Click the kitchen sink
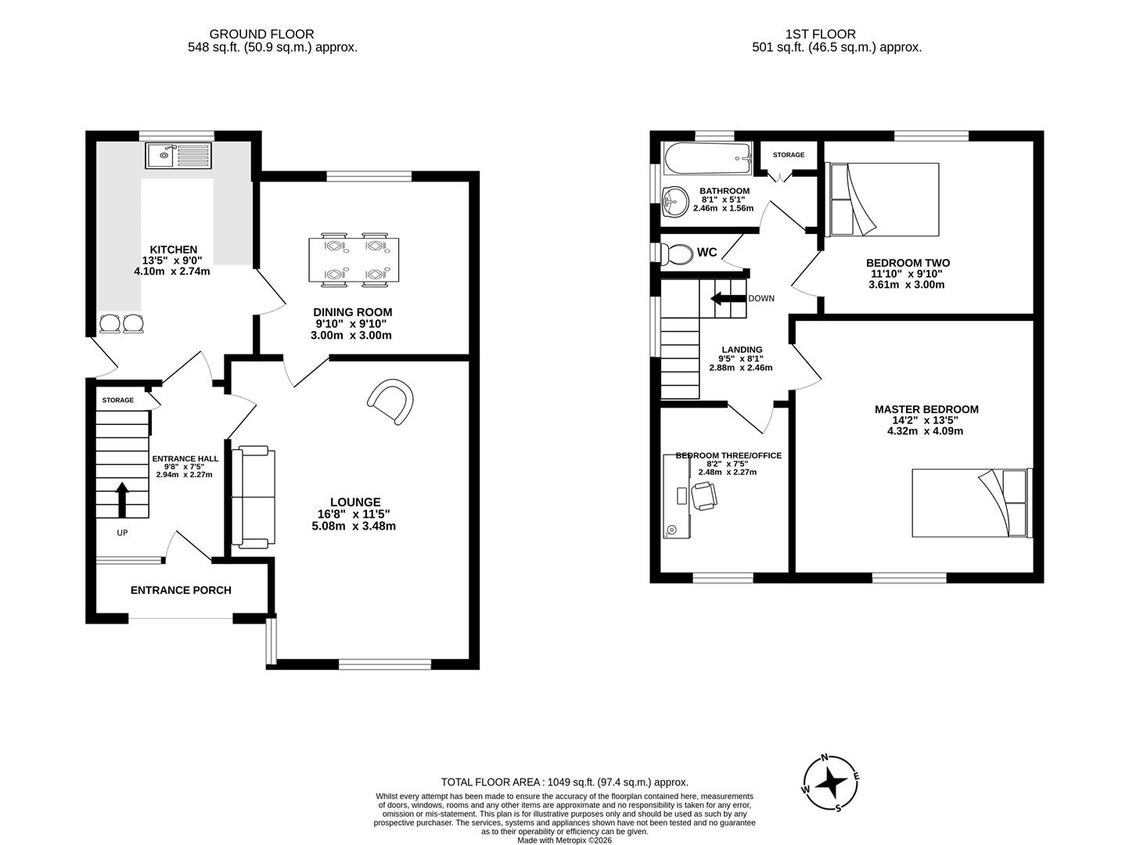click(178, 155)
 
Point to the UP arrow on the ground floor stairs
click(122, 500)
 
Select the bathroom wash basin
click(674, 203)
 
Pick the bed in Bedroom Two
click(883, 199)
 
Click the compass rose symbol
click(832, 782)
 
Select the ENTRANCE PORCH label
click(181, 590)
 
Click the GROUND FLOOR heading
click(261, 34)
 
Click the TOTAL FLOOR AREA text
click(564, 782)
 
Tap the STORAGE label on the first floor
click(788, 155)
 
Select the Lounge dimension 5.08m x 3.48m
click(354, 526)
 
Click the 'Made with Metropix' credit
click(564, 840)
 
